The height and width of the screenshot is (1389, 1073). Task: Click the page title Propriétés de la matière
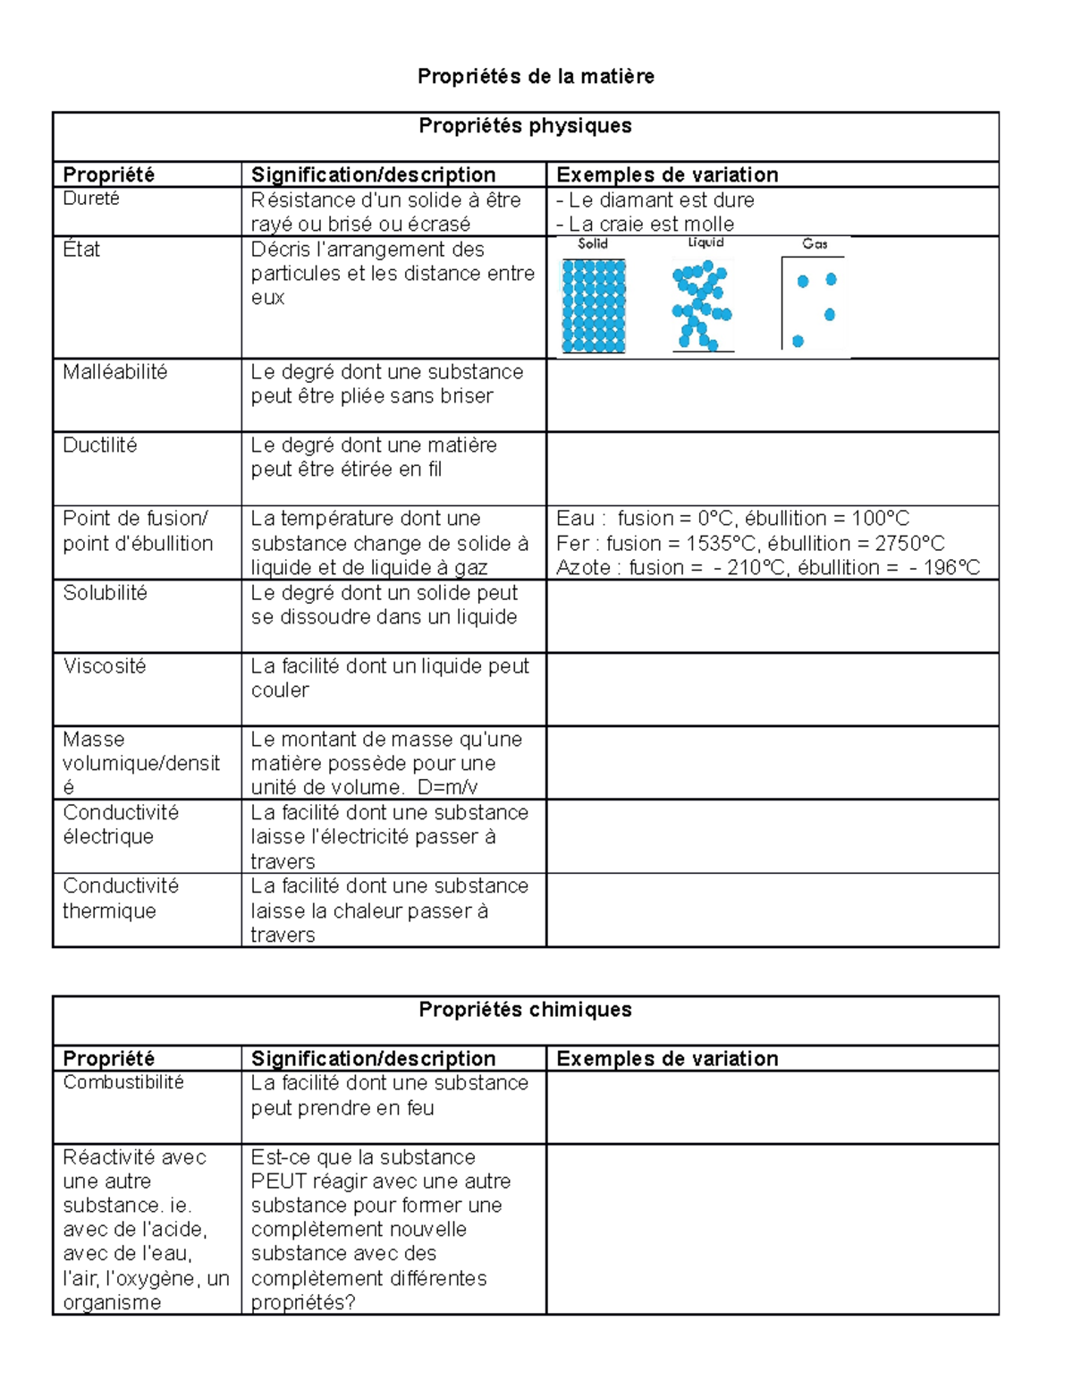point(536,77)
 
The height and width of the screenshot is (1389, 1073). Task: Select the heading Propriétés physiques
point(525,126)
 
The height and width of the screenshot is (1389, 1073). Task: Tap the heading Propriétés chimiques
point(525,1010)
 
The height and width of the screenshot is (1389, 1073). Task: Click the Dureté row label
point(91,199)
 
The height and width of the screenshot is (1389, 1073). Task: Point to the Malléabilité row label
point(114,372)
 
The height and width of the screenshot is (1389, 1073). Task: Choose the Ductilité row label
point(99,445)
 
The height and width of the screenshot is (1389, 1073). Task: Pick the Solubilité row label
point(105,593)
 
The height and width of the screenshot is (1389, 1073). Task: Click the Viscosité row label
point(104,666)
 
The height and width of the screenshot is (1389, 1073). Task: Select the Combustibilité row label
point(123,1083)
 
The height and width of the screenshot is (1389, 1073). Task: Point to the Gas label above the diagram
point(815,244)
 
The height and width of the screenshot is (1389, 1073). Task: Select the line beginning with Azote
point(767,568)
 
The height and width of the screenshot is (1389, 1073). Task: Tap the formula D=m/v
point(447,788)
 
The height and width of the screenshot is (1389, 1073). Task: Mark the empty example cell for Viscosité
point(772,690)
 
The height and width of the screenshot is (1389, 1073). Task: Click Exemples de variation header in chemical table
point(667,1059)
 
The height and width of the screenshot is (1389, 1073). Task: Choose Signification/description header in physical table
point(373,175)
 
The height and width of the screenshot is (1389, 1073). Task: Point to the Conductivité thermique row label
point(121,899)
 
